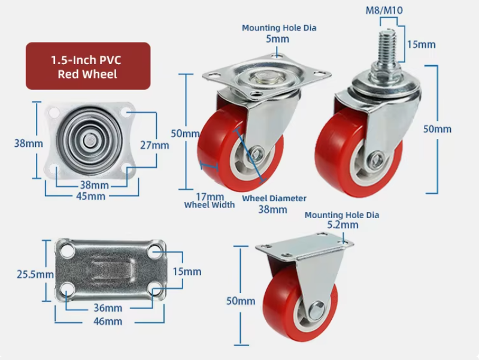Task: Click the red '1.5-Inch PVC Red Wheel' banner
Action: click(88, 66)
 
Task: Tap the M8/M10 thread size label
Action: click(384, 10)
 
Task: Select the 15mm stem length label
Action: click(422, 44)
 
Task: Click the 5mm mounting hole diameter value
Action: click(277, 39)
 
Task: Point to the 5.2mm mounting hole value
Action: click(342, 225)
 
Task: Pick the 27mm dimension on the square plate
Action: click(154, 145)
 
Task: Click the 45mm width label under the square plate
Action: click(91, 196)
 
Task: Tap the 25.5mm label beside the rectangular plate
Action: click(35, 274)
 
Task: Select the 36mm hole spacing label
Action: click(108, 308)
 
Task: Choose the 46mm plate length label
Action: click(108, 322)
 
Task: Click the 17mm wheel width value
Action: click(210, 196)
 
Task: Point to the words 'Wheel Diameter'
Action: click(274, 198)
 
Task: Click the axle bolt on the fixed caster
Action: click(317, 308)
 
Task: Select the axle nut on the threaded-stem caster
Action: click(376, 159)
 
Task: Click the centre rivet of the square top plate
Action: click(89, 140)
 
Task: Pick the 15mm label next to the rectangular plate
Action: click(187, 271)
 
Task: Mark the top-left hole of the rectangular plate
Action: click(67, 251)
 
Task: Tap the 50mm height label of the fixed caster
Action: click(241, 301)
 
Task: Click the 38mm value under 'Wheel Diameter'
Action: click(272, 209)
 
